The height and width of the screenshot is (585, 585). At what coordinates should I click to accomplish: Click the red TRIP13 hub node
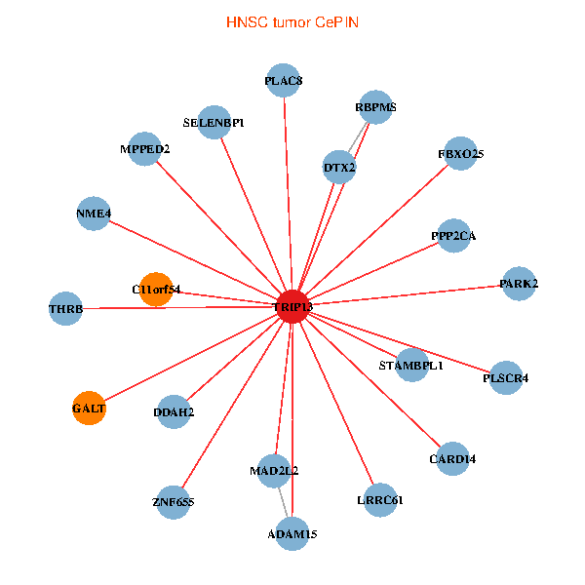point(292,307)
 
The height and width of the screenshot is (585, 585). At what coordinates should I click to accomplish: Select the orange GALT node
point(89,408)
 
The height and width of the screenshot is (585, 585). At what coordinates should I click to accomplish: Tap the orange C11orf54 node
point(156,289)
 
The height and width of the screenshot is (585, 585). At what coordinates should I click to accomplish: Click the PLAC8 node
point(284,81)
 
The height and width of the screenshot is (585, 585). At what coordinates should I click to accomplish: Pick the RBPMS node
point(375,107)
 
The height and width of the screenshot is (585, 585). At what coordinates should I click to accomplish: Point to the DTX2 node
point(339,168)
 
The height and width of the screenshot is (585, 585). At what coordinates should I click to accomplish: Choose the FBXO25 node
point(460,153)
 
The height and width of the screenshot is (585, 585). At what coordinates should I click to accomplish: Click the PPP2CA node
point(453,235)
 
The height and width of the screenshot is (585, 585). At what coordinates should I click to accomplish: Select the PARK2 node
point(519,284)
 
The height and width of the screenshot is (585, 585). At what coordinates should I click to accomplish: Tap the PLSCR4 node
point(505,377)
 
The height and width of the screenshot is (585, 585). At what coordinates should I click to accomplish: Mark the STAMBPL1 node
point(411,365)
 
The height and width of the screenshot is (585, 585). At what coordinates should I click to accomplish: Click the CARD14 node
point(452,458)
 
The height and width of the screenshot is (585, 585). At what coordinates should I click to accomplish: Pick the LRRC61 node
point(380,500)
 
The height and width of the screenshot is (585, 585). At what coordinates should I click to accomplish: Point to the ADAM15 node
point(292,533)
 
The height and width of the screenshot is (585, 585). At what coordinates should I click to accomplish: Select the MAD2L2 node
point(274,470)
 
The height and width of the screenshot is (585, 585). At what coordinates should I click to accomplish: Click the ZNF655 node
point(174,502)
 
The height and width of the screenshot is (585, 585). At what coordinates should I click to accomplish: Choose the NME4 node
point(94,214)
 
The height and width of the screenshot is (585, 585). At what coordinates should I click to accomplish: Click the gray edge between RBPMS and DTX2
point(358,136)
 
